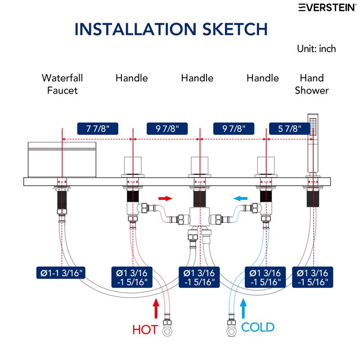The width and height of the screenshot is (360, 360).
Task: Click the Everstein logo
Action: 328,7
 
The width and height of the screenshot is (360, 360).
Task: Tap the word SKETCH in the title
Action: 235,29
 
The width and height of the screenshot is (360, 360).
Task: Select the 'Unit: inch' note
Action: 316,49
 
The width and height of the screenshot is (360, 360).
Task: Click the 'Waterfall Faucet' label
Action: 62,84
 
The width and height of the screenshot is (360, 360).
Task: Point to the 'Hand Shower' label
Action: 312,84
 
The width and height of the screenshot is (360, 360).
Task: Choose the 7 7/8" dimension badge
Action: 98,129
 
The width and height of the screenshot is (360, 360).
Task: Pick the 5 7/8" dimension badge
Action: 289,129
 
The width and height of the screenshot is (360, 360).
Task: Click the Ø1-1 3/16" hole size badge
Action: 61,273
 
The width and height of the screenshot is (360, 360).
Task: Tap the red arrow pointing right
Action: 165,198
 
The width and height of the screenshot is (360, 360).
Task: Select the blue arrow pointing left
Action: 240,198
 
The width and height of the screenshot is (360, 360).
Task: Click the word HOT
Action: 145,330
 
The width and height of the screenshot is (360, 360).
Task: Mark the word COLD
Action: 258,327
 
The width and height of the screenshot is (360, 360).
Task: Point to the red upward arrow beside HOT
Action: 156,308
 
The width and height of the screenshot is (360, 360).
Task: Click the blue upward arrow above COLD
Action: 243,308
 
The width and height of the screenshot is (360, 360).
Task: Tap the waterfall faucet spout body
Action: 62,160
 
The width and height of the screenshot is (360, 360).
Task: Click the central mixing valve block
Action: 199,217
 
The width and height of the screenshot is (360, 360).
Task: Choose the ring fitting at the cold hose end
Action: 231,332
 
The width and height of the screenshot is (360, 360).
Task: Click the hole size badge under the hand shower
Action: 312,277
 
